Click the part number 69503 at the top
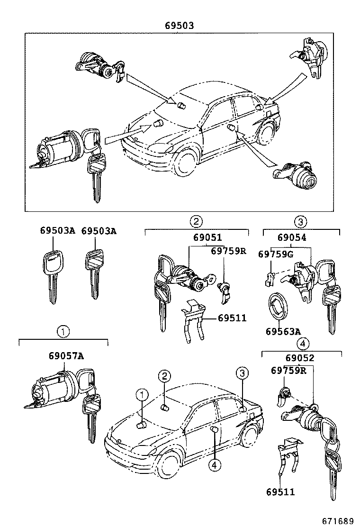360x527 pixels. [180, 26]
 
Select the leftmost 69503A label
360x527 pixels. [57, 231]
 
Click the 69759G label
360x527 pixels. [276, 254]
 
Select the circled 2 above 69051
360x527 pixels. [196, 221]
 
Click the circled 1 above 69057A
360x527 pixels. [63, 332]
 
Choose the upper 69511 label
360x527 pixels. [232, 318]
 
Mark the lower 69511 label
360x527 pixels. [280, 492]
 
